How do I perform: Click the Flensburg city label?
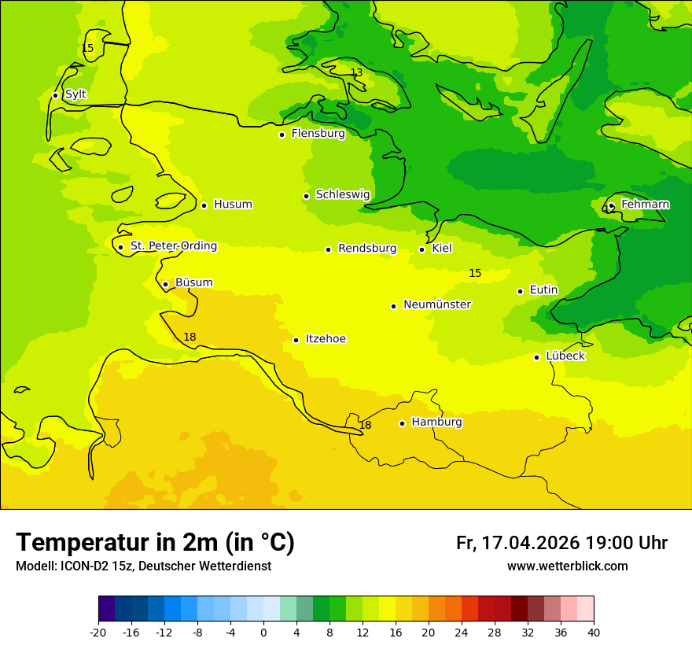[318, 134]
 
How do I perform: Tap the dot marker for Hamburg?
[402, 423]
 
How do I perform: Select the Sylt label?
[75, 94]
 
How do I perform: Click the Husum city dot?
[204, 205]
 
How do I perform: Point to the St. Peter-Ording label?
[173, 246]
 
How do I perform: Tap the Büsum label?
[193, 282]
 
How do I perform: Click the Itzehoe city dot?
[296, 340]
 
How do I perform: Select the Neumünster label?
[436, 304]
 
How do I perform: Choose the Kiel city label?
[441, 249]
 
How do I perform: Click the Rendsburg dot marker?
[328, 249]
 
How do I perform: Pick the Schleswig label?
[342, 194]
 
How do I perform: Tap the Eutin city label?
[543, 290]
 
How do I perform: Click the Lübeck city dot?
[536, 357]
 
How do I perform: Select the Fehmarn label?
[645, 205]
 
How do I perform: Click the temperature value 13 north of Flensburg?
[356, 73]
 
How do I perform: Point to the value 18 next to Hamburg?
[365, 426]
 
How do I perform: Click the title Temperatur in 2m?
[155, 543]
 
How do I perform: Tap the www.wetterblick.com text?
[567, 566]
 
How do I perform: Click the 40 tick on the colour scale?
[593, 632]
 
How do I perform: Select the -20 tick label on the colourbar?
[98, 632]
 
